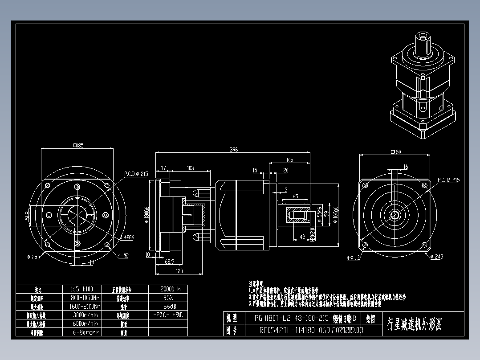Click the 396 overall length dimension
pos(234,150)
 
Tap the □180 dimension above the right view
pos(395,152)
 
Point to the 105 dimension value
pos(289,160)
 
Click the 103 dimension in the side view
pos(190,168)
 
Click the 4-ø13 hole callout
pos(353,257)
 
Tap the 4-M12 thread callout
pos(123,256)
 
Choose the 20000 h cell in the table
pos(167,289)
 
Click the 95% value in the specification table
pos(167,298)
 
